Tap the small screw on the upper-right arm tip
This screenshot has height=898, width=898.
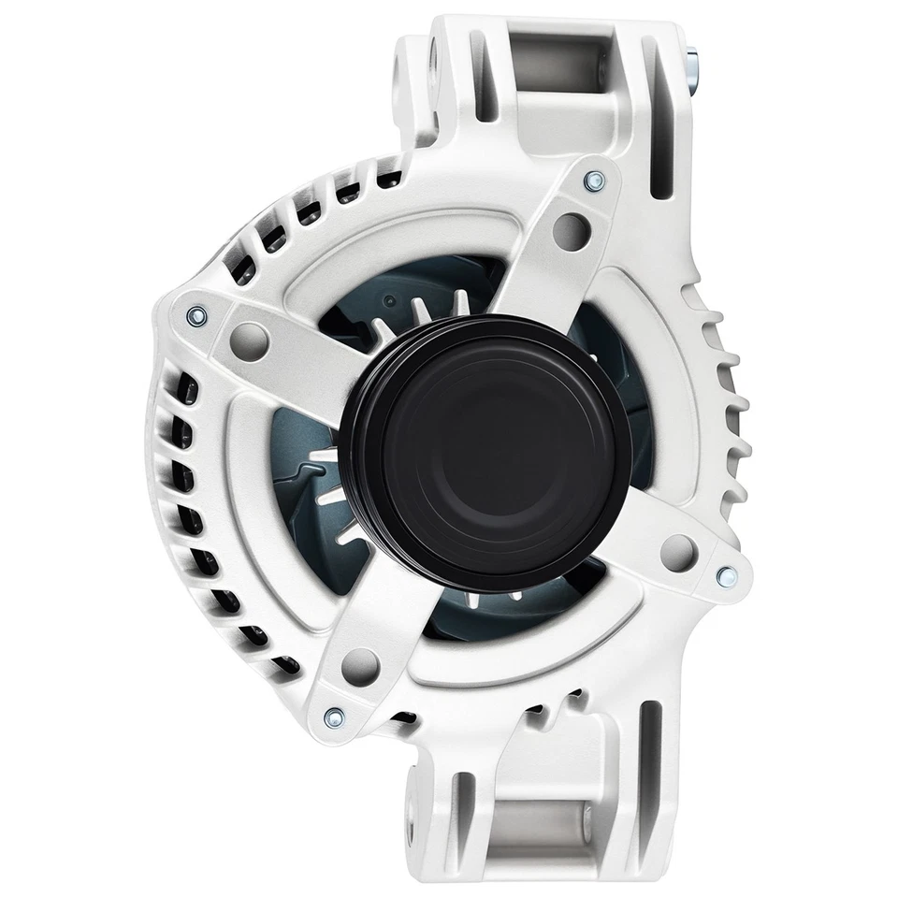pos(592,181)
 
